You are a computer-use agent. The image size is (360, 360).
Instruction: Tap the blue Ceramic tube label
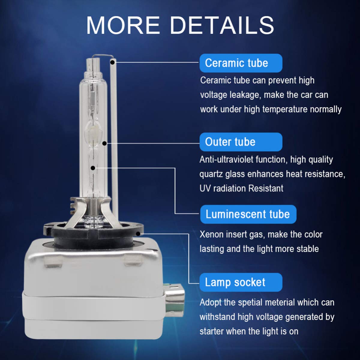[241, 63]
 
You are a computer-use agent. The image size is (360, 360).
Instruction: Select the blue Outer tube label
[241, 142]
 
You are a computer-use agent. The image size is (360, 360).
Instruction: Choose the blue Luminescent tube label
[248, 214]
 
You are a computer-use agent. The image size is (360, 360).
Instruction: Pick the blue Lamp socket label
[241, 282]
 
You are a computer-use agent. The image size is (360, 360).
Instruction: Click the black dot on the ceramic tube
[112, 62]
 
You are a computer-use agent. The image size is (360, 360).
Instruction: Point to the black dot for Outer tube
[105, 143]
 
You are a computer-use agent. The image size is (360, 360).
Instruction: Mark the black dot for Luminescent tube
[93, 168]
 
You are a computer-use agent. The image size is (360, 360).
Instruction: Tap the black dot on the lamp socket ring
[138, 233]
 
